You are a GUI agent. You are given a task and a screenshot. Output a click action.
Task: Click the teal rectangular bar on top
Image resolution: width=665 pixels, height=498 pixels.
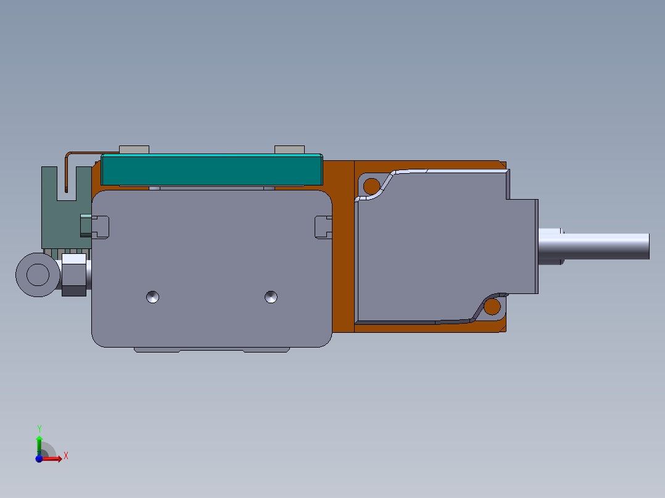[212, 170]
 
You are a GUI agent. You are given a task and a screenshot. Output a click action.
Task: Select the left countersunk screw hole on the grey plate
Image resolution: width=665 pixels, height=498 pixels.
[153, 297]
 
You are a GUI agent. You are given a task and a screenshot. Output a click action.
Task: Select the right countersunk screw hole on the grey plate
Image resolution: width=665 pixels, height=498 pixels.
[271, 297]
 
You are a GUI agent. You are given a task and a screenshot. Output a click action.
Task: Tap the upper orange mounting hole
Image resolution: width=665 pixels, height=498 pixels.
[372, 186]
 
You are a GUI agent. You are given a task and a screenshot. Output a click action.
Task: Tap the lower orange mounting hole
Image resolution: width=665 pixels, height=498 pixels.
[492, 306]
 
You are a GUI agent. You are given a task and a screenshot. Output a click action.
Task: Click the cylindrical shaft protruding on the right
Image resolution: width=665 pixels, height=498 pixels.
[593, 247]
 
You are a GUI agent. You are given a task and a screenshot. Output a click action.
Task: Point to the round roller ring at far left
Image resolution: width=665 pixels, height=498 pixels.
[38, 275]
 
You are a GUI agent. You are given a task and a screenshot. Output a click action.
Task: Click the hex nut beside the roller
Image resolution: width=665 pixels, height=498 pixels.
[74, 275]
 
